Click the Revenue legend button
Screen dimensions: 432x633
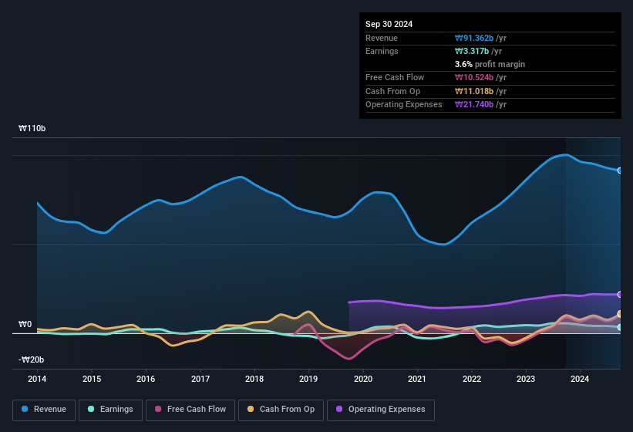[x=45, y=410]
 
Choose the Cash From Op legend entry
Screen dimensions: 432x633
[x=281, y=410]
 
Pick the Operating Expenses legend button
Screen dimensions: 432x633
[x=381, y=410]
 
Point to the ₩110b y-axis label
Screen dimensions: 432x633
[x=32, y=129]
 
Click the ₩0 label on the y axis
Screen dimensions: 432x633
[x=25, y=325]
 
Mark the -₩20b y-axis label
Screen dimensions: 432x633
[x=32, y=359]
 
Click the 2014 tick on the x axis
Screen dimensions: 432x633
[x=37, y=379]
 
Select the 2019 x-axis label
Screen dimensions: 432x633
[x=308, y=379]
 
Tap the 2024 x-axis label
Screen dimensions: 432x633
[x=580, y=379]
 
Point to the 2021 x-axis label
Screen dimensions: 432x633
[x=417, y=379]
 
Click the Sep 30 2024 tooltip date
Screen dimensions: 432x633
[x=389, y=24]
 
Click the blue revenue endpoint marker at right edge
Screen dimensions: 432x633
[x=620, y=170]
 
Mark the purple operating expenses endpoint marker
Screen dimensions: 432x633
[x=620, y=295]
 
